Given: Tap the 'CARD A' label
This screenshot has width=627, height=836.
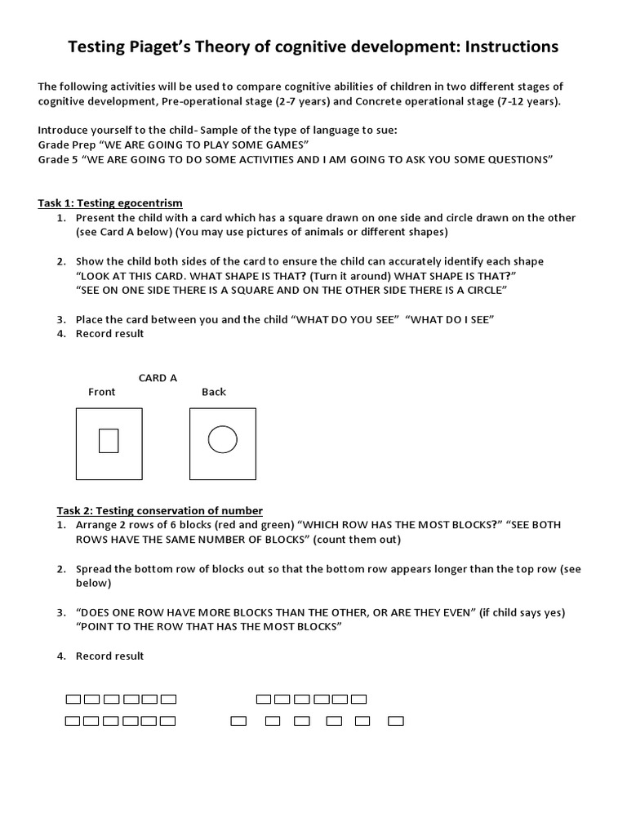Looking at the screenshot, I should [x=158, y=378].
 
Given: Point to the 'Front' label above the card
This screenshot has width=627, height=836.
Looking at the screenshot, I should [x=102, y=392].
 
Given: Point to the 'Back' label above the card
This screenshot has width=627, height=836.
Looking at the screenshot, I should [x=214, y=392].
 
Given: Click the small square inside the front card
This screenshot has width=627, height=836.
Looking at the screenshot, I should [x=109, y=441].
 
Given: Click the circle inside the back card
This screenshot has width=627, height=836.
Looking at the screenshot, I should [x=222, y=440].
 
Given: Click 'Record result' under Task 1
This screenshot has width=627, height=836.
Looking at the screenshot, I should [x=109, y=333].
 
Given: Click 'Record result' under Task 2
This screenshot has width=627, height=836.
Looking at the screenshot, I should [x=109, y=656].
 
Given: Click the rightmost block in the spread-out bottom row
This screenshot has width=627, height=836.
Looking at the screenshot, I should [x=396, y=721].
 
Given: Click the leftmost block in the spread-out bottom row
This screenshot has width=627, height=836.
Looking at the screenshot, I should [x=238, y=721].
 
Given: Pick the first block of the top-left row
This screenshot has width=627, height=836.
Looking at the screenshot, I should [x=73, y=699].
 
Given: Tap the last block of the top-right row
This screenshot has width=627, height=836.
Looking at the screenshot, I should [x=359, y=699].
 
